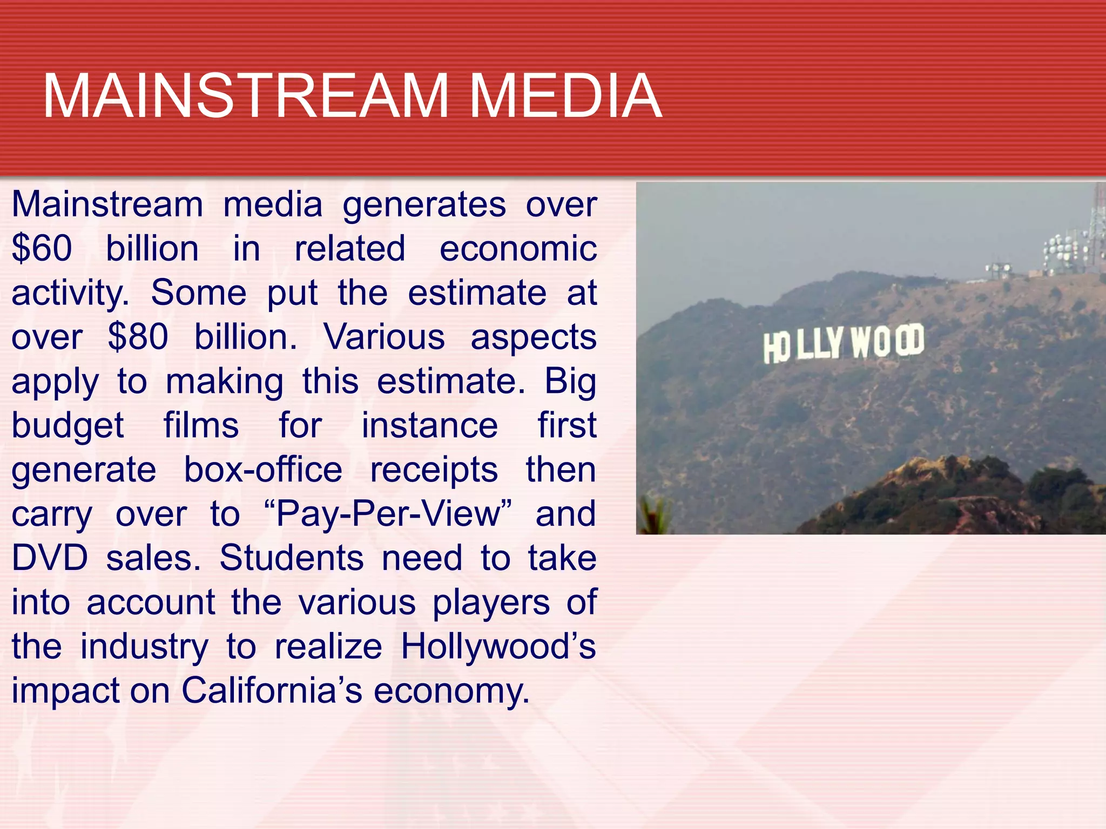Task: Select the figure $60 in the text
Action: (x=42, y=249)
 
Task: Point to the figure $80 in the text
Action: (x=138, y=337)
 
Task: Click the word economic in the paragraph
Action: (x=518, y=249)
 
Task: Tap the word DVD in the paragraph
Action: (x=50, y=558)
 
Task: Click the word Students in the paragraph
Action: (x=292, y=558)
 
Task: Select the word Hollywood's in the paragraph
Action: (x=498, y=647)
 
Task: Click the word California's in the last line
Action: (x=271, y=691)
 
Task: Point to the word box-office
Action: (x=263, y=470)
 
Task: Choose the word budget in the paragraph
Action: (x=68, y=426)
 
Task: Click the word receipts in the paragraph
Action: (x=434, y=470)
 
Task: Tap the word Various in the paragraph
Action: (x=384, y=337)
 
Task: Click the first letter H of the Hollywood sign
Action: (x=770, y=349)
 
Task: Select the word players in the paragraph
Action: (x=490, y=602)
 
